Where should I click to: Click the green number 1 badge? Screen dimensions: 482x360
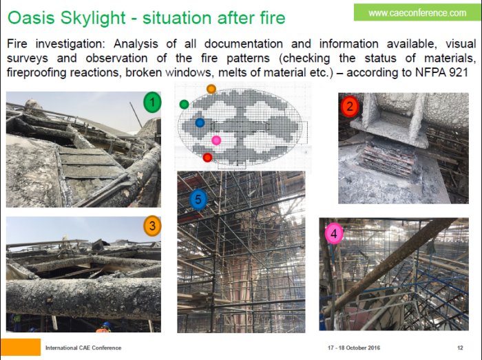click(x=152, y=102)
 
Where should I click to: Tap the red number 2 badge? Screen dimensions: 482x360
click(x=350, y=107)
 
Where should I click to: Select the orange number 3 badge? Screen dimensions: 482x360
click(x=152, y=226)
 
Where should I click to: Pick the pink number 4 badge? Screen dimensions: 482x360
click(x=334, y=234)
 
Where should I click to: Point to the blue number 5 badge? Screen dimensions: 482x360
click(x=198, y=200)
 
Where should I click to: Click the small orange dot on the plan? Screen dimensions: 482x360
click(x=211, y=89)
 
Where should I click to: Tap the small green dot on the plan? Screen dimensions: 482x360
click(x=184, y=105)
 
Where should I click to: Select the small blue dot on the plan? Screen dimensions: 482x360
click(x=200, y=123)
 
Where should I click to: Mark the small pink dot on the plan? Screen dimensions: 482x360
click(x=216, y=140)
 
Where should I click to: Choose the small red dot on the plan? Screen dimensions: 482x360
click(x=207, y=158)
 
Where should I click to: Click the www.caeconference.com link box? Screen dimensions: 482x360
click(x=417, y=12)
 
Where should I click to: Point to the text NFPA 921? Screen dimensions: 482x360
click(x=442, y=72)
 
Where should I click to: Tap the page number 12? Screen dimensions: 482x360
click(x=460, y=348)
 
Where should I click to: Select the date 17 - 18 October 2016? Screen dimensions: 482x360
click(x=354, y=348)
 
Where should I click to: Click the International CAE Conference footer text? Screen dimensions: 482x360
click(x=83, y=348)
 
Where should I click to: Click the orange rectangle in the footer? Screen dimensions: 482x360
click(x=20, y=347)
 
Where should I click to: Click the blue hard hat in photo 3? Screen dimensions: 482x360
click(x=106, y=325)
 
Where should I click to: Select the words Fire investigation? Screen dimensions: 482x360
click(x=56, y=44)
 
